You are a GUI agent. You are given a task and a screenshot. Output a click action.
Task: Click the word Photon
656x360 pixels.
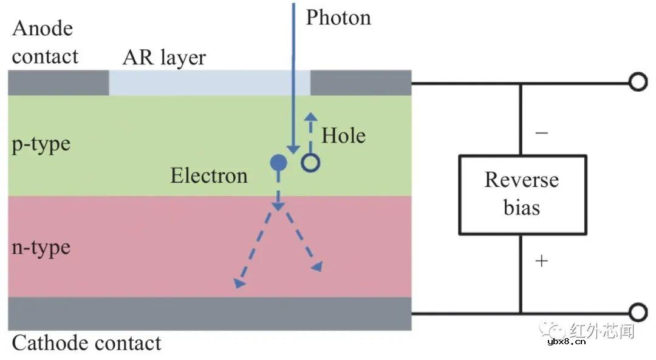tap(338, 18)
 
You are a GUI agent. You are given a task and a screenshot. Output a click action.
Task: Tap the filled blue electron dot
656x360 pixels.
tap(278, 162)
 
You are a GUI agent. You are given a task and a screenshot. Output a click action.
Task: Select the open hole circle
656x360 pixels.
tap(310, 162)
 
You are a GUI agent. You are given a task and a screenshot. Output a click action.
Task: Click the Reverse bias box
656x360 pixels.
tap(522, 194)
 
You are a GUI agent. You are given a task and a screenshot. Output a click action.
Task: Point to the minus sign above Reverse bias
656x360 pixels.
tap(541, 133)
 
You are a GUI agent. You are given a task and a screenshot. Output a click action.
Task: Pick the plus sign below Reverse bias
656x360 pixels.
tap(541, 261)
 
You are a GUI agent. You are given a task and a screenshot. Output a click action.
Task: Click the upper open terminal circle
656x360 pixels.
tap(637, 82)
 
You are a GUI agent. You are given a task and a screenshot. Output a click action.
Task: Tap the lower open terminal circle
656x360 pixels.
tap(637, 313)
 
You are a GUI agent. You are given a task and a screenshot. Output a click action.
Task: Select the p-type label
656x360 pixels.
tap(41, 144)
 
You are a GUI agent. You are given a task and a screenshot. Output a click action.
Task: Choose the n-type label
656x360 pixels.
tap(41, 248)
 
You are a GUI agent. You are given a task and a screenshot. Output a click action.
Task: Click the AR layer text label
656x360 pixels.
tap(164, 58)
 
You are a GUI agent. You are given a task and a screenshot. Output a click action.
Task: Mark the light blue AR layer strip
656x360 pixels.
tap(210, 83)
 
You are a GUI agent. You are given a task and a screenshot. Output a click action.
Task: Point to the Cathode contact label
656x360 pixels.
tap(87, 344)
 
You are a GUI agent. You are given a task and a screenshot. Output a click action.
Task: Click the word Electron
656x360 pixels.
tap(209, 176)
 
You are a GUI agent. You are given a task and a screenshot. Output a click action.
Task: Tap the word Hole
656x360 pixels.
tap(343, 135)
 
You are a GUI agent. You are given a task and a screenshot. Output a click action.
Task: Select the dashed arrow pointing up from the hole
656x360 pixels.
tap(310, 131)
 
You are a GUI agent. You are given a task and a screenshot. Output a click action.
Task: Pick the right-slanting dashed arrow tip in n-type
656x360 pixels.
tap(317, 267)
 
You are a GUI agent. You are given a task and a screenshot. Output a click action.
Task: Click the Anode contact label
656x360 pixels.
tap(45, 42)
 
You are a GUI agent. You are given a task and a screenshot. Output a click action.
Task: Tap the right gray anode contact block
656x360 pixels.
tap(361, 83)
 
